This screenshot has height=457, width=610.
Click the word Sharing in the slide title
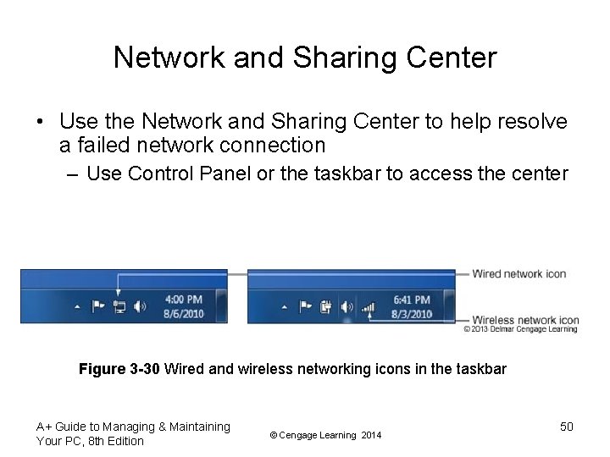pyautogui.click(x=332, y=58)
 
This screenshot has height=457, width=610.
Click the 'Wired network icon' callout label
pyautogui.click(x=518, y=273)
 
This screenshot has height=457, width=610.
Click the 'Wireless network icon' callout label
pyautogui.click(x=525, y=320)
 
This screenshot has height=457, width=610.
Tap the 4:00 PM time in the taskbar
pyautogui.click(x=183, y=300)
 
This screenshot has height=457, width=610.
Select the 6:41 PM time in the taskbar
pyautogui.click(x=412, y=300)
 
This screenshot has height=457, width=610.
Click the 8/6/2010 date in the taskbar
pyautogui.click(x=183, y=313)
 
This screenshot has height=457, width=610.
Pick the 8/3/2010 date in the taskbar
pyautogui.click(x=412, y=313)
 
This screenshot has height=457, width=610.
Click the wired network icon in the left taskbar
pyautogui.click(x=119, y=306)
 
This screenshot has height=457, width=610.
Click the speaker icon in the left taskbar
pyautogui.click(x=140, y=306)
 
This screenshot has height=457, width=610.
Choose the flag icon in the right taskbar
pyautogui.click(x=304, y=306)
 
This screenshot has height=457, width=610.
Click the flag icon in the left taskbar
pyautogui.click(x=97, y=306)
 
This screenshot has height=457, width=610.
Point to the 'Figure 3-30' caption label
pyautogui.click(x=119, y=369)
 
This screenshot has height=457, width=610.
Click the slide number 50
pyautogui.click(x=567, y=427)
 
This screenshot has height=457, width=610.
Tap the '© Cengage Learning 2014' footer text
pyautogui.click(x=325, y=435)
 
